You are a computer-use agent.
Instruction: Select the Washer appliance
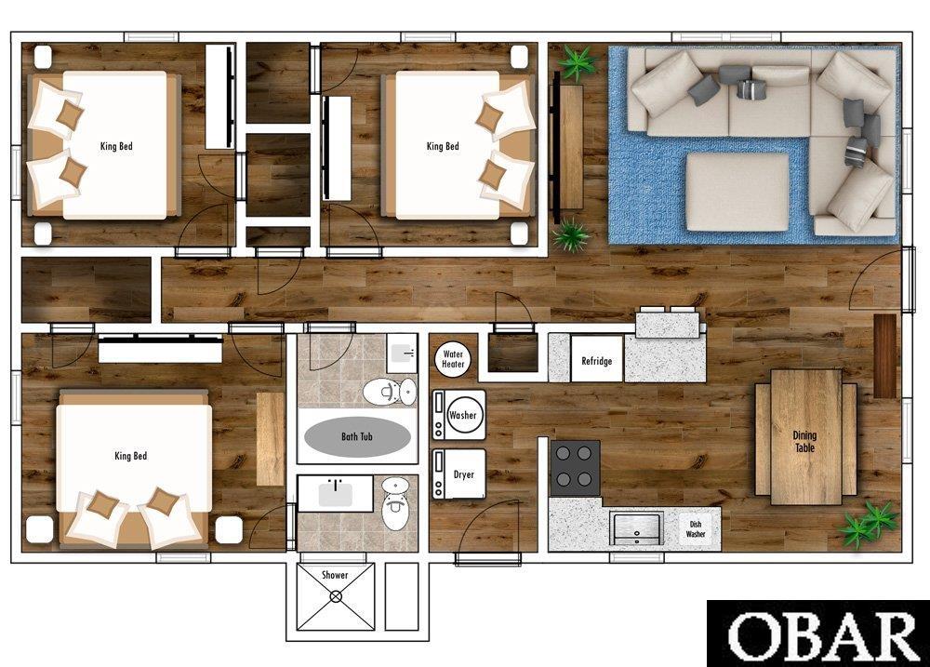coord(458,415)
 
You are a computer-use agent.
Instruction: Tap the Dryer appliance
coord(458,474)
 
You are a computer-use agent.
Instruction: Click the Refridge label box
coord(597,359)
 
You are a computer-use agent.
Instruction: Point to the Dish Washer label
coord(696,529)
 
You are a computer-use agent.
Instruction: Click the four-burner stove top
coord(575,468)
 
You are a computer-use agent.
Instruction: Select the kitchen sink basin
coord(636,529)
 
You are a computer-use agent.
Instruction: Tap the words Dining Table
coord(804,442)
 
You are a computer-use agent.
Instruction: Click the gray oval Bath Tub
coord(357,437)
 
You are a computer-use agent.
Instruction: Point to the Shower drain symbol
coord(337,596)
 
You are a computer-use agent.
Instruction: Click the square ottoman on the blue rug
coord(737,193)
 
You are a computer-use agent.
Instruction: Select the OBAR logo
coord(818,634)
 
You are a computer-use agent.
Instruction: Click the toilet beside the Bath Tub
coord(390,392)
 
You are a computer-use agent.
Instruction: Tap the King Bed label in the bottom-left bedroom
coord(130,456)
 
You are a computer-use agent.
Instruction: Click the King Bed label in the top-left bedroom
coord(116,146)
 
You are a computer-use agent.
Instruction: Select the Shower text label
coord(335,574)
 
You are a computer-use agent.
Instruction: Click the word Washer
coord(462,415)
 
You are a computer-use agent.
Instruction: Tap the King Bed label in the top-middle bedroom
coord(443,146)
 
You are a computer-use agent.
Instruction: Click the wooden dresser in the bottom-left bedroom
coord(271,438)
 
